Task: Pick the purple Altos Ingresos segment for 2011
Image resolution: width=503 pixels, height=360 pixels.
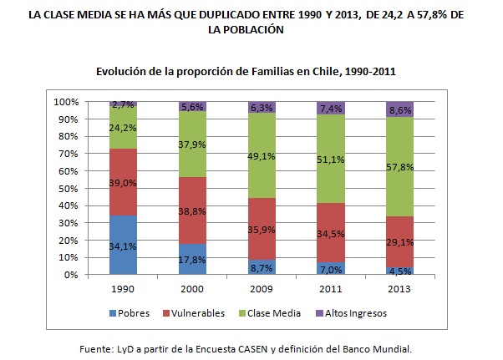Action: click(x=330, y=108)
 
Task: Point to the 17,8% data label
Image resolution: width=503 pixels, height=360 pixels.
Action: click(x=192, y=259)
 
